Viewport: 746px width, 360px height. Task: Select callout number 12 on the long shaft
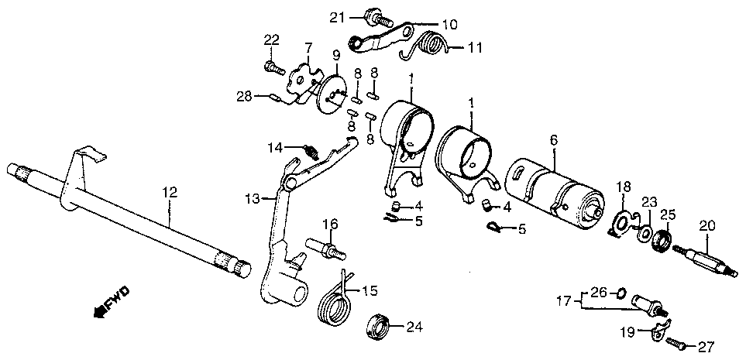click(x=169, y=193)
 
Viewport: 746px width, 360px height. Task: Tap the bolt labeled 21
click(x=378, y=19)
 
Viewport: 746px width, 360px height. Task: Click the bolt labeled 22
click(x=274, y=67)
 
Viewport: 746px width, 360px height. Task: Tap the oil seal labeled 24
click(x=379, y=327)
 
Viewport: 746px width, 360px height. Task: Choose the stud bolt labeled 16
click(x=326, y=249)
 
